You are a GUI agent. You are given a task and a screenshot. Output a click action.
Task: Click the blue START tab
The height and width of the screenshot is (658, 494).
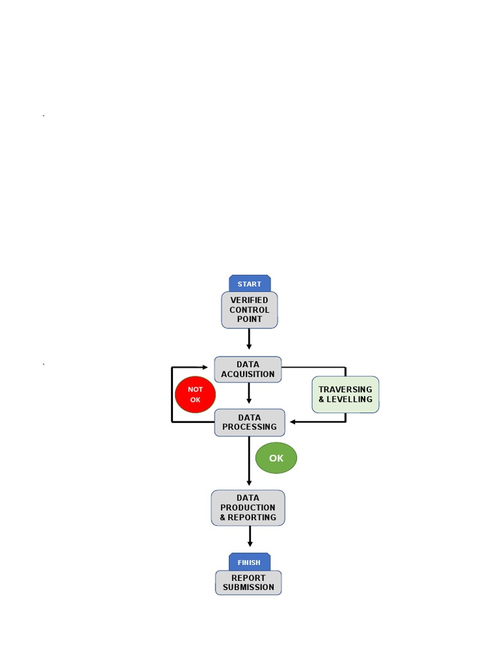point(250,283)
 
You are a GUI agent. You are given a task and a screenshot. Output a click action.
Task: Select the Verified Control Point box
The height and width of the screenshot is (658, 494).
point(250,310)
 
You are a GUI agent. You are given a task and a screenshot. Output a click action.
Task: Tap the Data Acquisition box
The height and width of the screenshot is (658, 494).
point(248,369)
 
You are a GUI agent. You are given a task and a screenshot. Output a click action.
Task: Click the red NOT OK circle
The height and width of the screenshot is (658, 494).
point(195,395)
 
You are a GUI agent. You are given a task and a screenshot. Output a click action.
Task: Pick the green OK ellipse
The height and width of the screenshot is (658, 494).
point(276,458)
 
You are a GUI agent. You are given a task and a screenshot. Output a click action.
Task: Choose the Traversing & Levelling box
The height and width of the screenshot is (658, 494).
point(345,395)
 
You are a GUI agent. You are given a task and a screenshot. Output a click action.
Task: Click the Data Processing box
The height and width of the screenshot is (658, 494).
point(250,422)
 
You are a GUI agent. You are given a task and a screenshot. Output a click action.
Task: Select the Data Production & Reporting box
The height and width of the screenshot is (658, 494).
point(248,508)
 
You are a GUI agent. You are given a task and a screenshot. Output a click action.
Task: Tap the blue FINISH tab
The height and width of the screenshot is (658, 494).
point(250,562)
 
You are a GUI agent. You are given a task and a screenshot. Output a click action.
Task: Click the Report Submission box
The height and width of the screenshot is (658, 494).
point(248,582)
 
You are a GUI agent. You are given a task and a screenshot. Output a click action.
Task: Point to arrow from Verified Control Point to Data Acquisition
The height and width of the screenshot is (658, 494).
point(249,339)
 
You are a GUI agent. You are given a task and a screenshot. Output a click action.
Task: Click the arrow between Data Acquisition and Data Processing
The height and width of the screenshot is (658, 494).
point(249,394)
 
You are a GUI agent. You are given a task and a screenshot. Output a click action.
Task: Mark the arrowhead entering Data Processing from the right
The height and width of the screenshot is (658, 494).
point(293,422)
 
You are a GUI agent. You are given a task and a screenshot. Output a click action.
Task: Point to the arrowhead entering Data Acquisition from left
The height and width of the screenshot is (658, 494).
point(204,368)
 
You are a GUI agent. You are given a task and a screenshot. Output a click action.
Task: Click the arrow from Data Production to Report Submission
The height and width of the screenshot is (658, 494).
point(250,537)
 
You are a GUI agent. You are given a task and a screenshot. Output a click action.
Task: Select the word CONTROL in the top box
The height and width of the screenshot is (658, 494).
point(250,310)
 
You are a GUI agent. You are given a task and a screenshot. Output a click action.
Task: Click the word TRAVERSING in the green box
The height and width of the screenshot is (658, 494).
point(345,389)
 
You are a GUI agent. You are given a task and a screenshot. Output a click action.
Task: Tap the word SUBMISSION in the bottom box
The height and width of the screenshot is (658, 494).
point(248,587)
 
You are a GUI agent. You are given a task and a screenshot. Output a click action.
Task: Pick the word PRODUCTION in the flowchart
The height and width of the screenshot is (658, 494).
point(248,508)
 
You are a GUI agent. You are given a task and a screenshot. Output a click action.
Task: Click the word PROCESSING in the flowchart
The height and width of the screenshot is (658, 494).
point(250,427)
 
